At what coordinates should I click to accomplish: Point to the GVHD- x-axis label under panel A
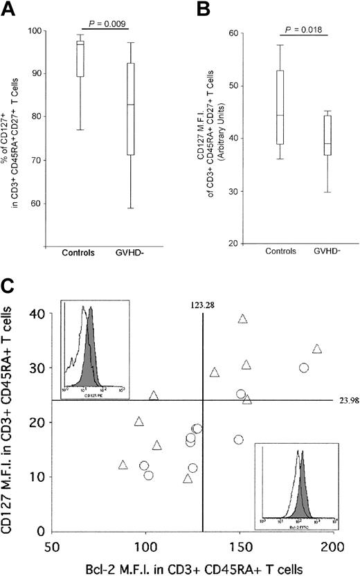click(129, 265)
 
